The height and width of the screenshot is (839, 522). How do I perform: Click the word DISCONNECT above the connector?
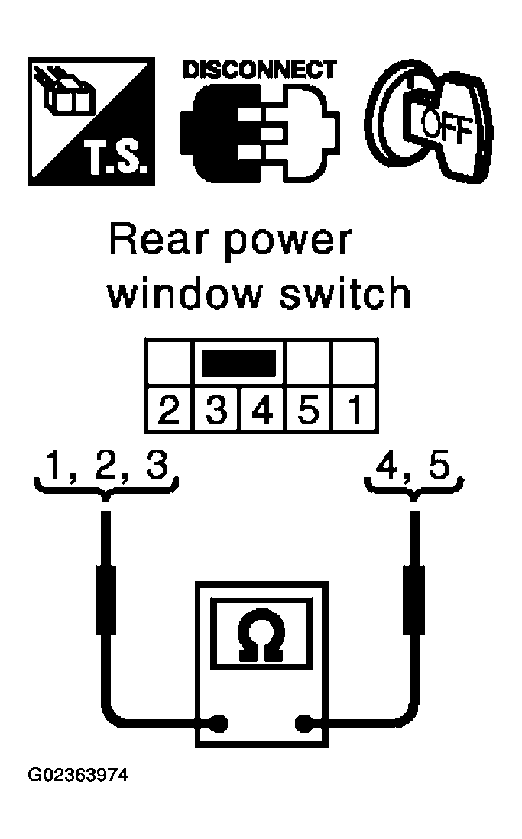(x=260, y=70)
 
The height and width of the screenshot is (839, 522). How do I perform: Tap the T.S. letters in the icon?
(x=115, y=158)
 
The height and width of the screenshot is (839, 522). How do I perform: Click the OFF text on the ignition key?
(x=446, y=127)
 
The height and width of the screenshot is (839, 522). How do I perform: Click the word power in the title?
(x=288, y=244)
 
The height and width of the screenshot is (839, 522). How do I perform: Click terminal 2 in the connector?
(x=169, y=408)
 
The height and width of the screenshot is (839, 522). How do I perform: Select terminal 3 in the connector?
(x=216, y=408)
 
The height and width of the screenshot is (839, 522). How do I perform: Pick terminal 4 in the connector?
(x=262, y=408)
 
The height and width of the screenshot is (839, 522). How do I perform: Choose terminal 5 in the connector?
(x=309, y=408)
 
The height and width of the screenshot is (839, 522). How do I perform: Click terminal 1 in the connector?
(x=355, y=408)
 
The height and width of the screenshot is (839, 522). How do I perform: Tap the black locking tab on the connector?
(x=239, y=363)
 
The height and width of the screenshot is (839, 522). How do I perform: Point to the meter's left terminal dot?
(x=218, y=723)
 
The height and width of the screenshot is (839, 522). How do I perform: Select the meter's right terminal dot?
(x=304, y=723)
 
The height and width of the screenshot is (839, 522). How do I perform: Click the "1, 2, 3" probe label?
(x=107, y=465)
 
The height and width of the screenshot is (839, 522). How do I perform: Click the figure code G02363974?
(x=78, y=775)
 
